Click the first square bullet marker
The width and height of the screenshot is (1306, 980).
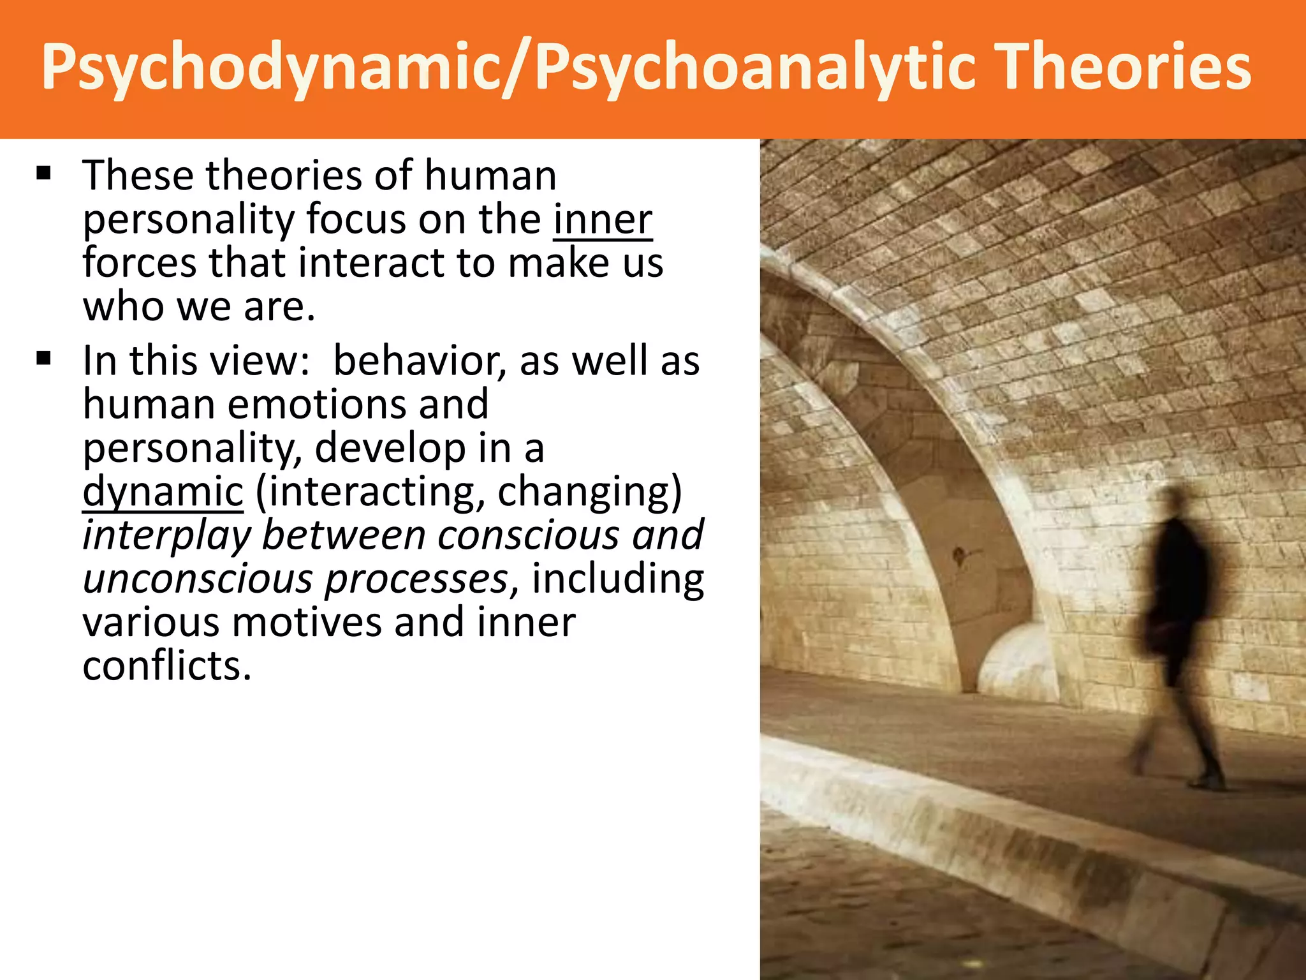43,174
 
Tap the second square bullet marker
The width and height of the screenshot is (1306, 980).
43,359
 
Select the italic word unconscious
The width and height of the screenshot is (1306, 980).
198,579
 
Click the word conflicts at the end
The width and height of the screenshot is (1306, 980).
167,666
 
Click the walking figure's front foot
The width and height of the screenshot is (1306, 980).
1205,782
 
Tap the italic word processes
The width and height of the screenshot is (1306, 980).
416,579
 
